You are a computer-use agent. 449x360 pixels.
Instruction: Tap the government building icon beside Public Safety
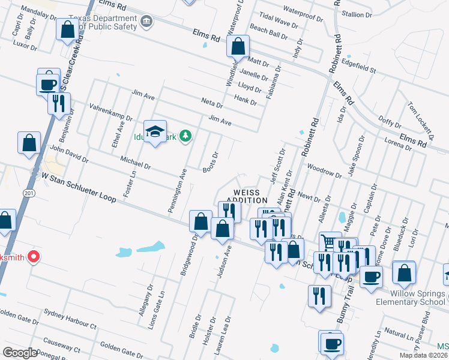point(146,22)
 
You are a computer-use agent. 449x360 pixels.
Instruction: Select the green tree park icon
point(186,134)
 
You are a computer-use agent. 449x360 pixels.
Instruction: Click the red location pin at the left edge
point(34,257)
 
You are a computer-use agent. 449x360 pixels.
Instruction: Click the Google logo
point(20,353)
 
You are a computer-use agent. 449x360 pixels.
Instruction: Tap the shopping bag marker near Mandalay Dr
point(67,29)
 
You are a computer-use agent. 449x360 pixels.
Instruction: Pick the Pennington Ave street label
point(178,190)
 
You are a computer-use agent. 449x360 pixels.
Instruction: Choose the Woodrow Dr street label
point(324,171)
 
